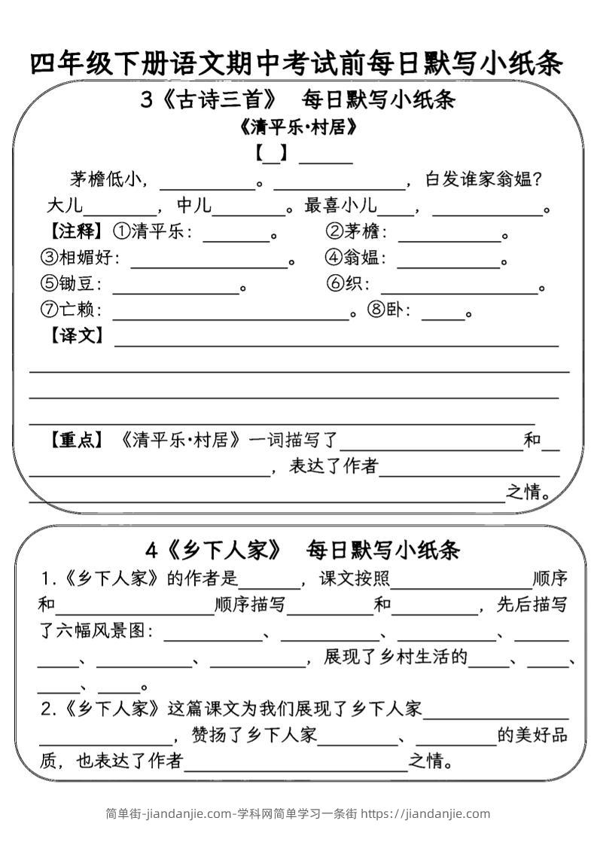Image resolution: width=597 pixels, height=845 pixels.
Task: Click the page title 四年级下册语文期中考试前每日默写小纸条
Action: click(x=297, y=63)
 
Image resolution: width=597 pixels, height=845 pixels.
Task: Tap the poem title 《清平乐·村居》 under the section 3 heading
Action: click(x=297, y=127)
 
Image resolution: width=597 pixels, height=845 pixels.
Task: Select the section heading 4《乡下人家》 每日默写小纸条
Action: click(x=302, y=551)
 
